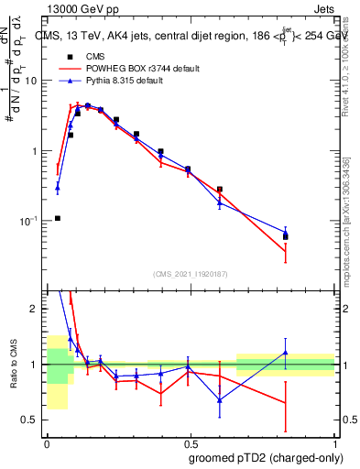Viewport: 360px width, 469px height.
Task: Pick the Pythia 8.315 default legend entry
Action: click(x=119, y=81)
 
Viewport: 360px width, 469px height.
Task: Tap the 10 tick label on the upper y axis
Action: click(x=30, y=81)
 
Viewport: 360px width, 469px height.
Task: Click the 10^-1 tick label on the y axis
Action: click(x=27, y=221)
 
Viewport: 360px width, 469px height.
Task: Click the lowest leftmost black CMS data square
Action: click(x=58, y=218)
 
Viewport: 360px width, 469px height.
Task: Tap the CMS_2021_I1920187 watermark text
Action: click(x=190, y=273)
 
